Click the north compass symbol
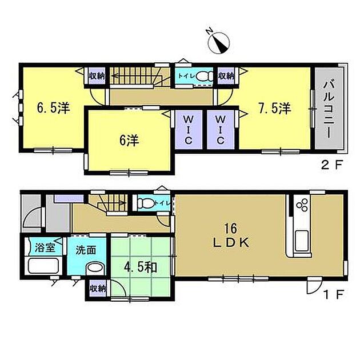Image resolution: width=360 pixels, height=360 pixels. click(218, 42)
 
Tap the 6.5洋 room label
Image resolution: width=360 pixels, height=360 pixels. click(54, 108)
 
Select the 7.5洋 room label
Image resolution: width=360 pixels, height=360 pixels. click(275, 108)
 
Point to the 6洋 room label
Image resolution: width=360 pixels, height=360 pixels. click(129, 141)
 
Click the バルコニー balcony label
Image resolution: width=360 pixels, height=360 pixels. click(329, 110)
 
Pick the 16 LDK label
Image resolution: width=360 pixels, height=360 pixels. click(231, 236)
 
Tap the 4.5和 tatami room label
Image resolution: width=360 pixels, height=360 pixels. click(141, 267)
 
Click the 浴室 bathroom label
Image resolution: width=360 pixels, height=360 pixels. click(45, 248)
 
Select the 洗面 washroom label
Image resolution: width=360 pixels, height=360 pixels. click(86, 250)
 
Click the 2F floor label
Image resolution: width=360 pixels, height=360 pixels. click(332, 165)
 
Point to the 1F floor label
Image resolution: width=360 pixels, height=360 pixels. click(333, 294)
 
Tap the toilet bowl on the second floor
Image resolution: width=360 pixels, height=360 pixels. click(205, 76)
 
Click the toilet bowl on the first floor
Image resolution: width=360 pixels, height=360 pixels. click(145, 203)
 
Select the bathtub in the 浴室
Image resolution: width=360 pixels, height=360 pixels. click(43, 266)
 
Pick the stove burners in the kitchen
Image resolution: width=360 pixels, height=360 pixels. click(302, 205)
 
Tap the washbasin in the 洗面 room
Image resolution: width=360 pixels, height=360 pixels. click(95, 268)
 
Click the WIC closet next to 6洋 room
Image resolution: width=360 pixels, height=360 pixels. click(189, 130)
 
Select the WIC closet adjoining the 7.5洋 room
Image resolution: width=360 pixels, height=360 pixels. click(221, 130)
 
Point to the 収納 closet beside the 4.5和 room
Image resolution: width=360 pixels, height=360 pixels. click(97, 289)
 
